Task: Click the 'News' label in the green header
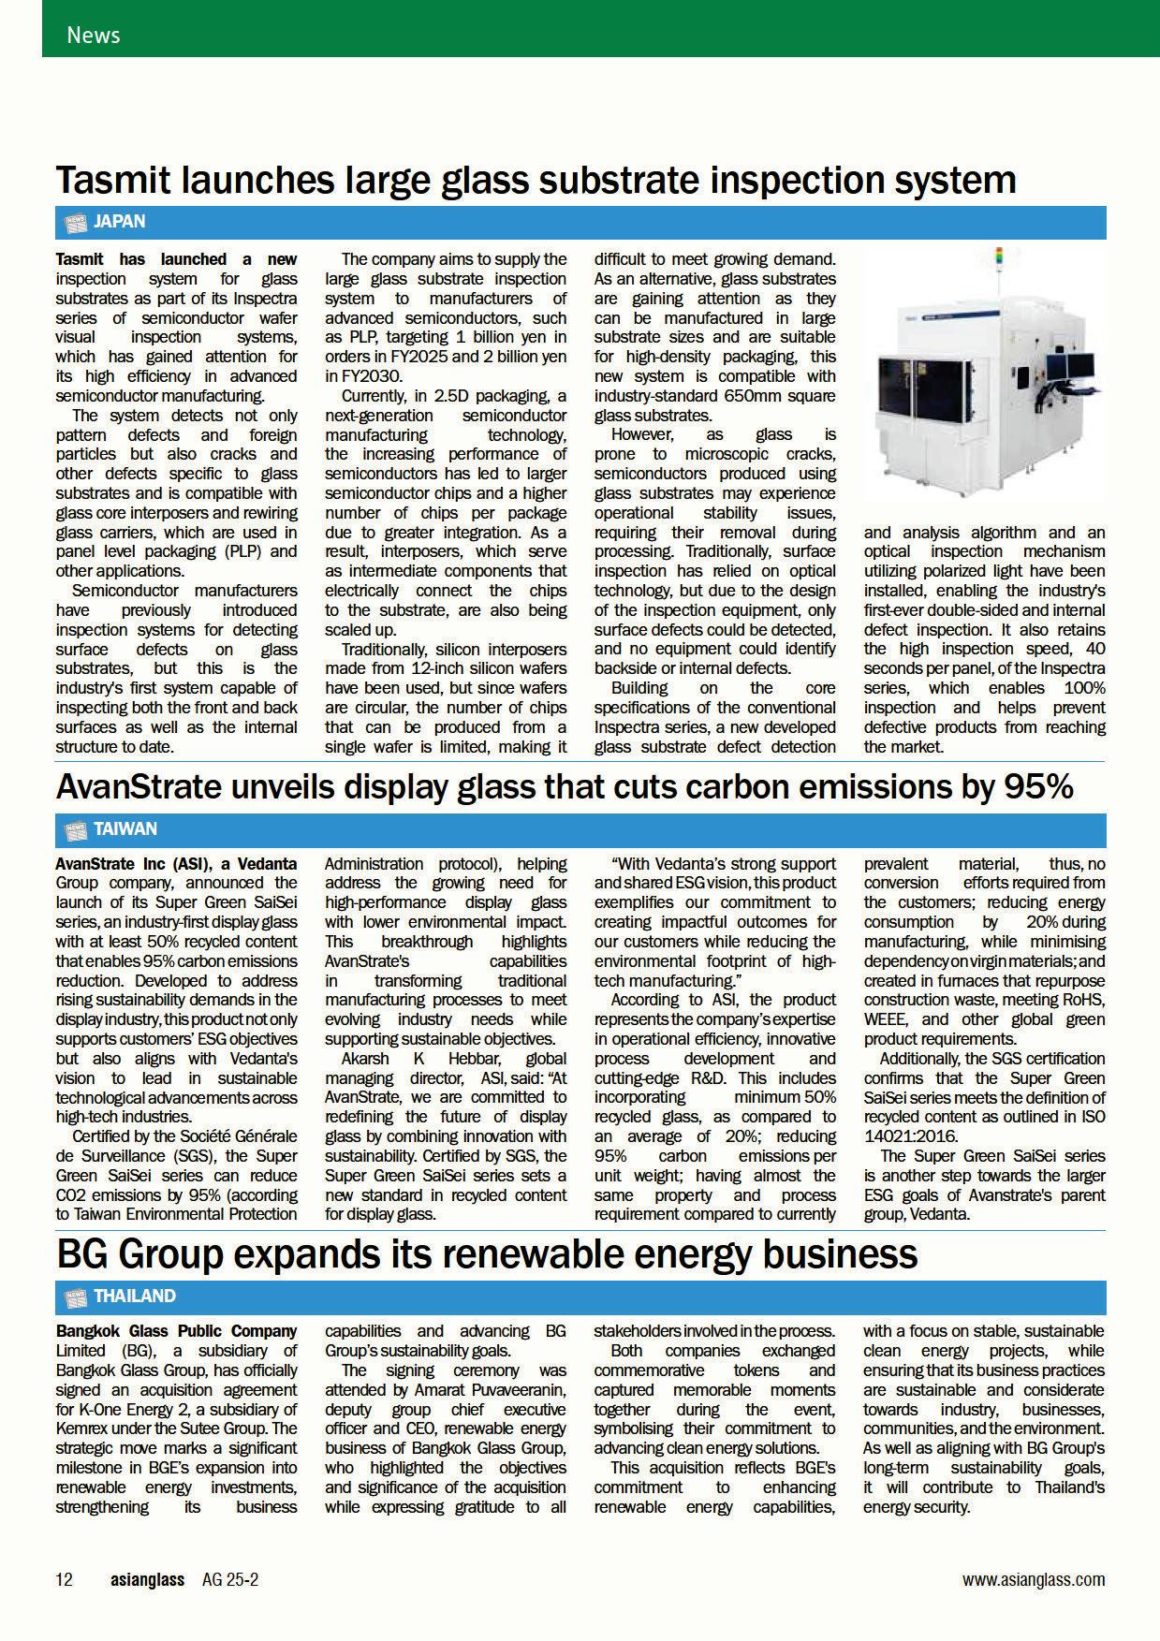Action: [x=93, y=36]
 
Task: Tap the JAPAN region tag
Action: [x=120, y=222]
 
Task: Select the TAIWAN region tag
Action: [x=125, y=829]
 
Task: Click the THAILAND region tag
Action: [x=135, y=1297]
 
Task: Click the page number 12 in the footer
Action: [x=65, y=1580]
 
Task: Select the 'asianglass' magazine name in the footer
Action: [x=147, y=1580]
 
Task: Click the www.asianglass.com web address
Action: [x=1034, y=1580]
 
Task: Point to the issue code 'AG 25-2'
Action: [x=230, y=1580]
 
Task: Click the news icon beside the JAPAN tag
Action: [x=75, y=223]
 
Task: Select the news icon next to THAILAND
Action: [x=75, y=1297]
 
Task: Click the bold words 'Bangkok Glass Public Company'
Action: [x=176, y=1331]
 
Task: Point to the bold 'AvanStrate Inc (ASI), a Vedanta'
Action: [x=176, y=864]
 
